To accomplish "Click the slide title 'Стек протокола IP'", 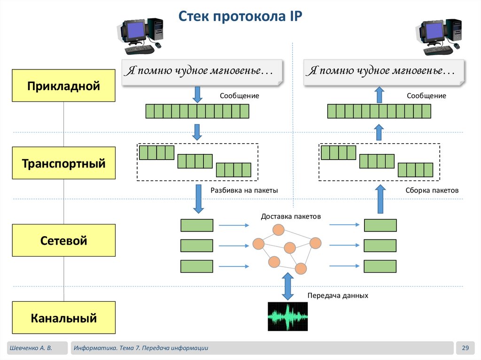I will click(x=240, y=17).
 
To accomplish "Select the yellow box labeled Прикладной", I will click(x=64, y=85).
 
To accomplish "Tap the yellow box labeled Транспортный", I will click(x=64, y=163).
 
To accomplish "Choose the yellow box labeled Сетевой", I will click(x=64, y=240).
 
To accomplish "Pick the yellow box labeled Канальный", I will click(x=64, y=318).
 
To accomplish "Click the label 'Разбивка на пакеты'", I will click(x=244, y=191).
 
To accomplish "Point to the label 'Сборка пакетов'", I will click(x=432, y=191).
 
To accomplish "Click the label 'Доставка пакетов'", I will click(x=291, y=216).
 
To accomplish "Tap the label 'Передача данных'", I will click(x=338, y=296).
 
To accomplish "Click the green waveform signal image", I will click(x=287, y=316).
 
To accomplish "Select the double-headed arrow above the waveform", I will click(x=287, y=287).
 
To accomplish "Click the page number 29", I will click(x=465, y=348).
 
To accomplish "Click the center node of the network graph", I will click(x=290, y=247).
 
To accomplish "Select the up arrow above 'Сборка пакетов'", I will click(x=380, y=199).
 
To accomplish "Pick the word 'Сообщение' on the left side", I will click(x=240, y=96).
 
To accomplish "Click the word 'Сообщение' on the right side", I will click(x=427, y=96).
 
